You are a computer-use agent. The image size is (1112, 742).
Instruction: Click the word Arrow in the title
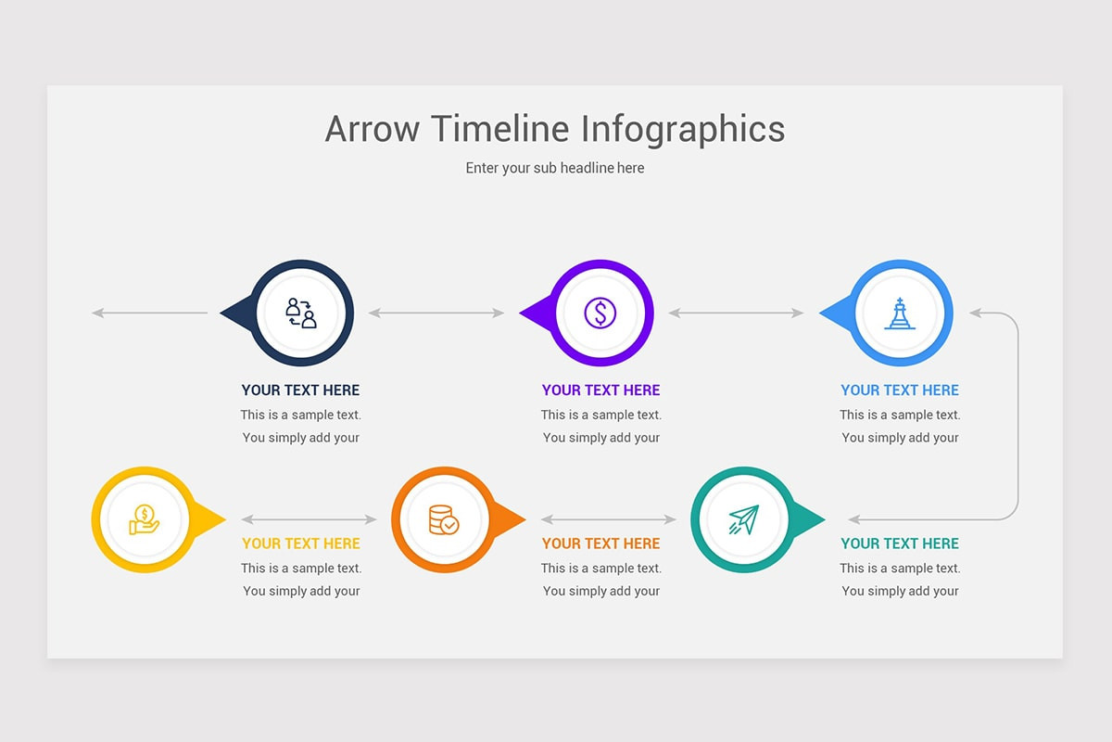point(373,129)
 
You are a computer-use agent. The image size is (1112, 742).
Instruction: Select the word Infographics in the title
point(683,130)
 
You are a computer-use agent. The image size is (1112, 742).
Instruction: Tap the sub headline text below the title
point(555,168)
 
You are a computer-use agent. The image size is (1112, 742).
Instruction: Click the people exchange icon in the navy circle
point(301,313)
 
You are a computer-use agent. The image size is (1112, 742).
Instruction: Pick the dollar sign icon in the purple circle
point(600,313)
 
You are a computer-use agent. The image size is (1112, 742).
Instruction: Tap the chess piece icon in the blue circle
point(900,313)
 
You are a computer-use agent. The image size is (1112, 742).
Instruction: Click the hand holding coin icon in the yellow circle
point(144,519)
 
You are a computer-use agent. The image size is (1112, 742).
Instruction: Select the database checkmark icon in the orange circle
point(444,519)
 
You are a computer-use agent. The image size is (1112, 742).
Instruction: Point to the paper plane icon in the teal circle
point(743,519)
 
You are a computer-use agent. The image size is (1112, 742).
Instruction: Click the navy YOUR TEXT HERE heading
point(300,390)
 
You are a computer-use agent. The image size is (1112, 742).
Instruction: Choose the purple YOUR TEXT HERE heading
point(600,390)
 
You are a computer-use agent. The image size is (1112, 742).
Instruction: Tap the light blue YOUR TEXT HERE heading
point(900,390)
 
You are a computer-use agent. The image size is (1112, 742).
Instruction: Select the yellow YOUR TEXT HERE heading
point(301,544)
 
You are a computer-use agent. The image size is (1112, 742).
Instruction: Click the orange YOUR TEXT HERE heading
point(600,544)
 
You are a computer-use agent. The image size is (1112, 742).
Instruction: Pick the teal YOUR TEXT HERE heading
point(900,544)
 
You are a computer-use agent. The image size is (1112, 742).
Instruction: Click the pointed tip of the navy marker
point(221,313)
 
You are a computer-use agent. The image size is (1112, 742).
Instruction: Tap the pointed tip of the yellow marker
point(226,519)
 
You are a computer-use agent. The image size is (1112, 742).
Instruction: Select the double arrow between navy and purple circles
point(436,313)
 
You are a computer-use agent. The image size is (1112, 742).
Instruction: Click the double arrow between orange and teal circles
point(609,519)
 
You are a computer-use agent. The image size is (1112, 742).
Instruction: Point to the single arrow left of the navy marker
point(150,313)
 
